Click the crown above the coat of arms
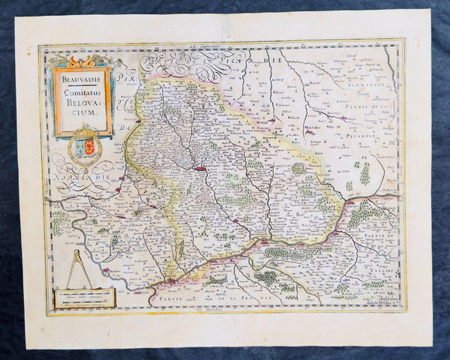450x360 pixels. tap(85, 130)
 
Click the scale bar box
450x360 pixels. tap(84, 298)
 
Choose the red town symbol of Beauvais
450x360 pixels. tap(199, 169)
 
